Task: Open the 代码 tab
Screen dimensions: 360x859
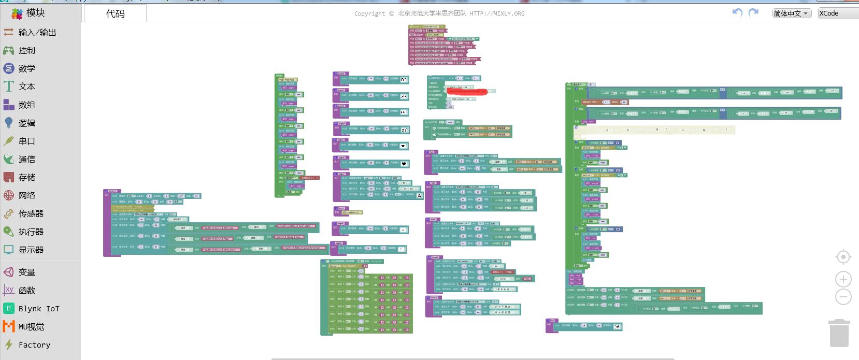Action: click(115, 14)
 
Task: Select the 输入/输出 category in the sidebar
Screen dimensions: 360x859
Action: click(37, 33)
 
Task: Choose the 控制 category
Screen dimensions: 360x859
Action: click(26, 51)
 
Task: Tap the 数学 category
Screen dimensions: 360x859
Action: click(26, 69)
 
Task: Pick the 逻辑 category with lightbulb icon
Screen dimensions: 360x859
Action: click(26, 123)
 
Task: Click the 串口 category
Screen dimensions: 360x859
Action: click(26, 141)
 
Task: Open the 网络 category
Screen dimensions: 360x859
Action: click(26, 196)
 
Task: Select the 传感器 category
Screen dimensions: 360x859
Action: click(31, 214)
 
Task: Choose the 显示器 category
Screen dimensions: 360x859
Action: click(31, 250)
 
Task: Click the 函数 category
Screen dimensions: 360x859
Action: click(26, 291)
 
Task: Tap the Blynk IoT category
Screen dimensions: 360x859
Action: click(38, 309)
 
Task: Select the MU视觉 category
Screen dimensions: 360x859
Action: click(31, 327)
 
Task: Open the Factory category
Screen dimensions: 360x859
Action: click(34, 345)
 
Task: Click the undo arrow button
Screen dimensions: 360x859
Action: click(737, 13)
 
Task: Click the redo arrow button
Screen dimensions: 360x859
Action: click(754, 13)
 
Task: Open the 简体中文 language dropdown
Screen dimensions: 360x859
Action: click(791, 13)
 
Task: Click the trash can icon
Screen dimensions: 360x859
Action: click(839, 333)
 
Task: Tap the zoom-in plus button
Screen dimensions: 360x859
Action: click(843, 280)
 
